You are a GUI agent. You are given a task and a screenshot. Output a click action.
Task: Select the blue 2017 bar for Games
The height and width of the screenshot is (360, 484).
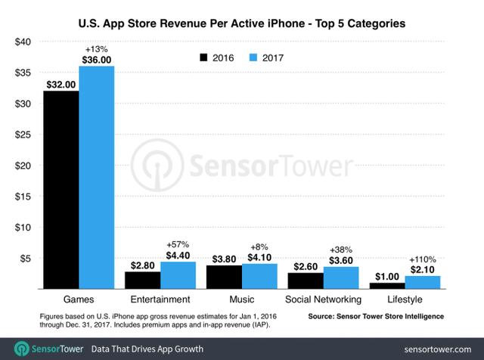(x=97, y=178)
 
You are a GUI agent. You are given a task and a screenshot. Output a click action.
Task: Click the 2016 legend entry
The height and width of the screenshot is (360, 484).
(x=216, y=57)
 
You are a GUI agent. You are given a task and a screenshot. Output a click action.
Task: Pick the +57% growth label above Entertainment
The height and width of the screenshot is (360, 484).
(x=178, y=244)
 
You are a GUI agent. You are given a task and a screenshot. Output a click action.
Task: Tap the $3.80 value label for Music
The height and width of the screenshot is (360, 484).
(x=225, y=257)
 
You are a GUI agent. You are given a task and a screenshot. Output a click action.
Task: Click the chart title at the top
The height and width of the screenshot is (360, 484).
(x=242, y=23)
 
